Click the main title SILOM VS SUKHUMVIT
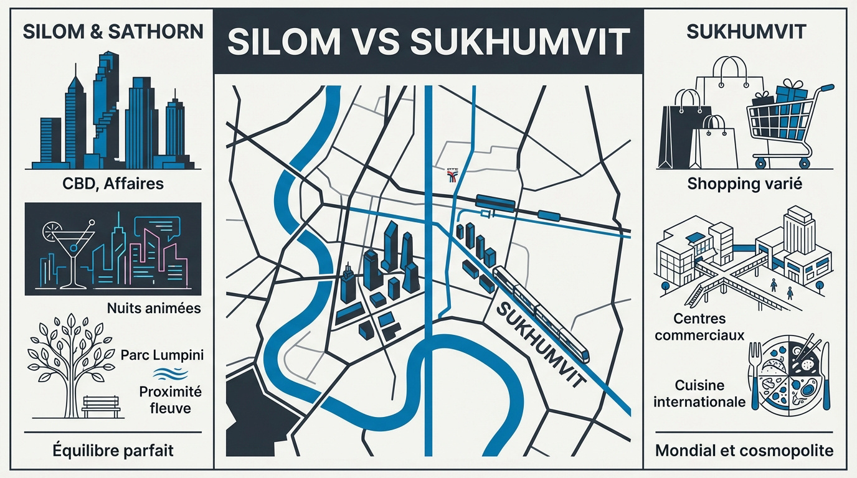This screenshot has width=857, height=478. click(427, 42)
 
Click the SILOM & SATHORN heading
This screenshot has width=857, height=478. click(113, 32)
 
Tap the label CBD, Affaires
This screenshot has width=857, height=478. click(113, 184)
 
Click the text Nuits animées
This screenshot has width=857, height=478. click(153, 307)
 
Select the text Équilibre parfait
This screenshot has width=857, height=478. click(113, 449)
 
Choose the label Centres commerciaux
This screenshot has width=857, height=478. click(708, 327)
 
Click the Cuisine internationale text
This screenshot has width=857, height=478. click(699, 393)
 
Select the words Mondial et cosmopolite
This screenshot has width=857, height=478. click(744, 450)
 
